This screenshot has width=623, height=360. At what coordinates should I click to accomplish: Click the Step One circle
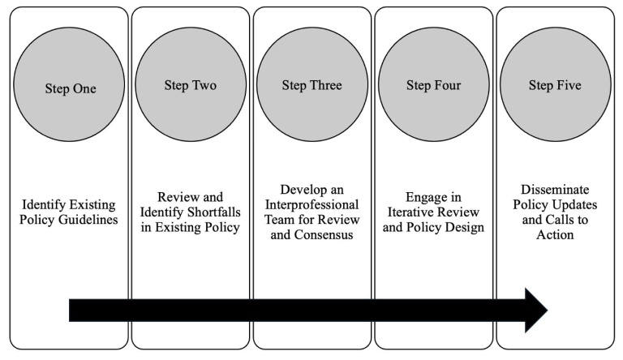69,84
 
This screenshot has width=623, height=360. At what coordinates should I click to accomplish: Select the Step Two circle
191,84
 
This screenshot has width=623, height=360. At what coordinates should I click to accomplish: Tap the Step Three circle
312,84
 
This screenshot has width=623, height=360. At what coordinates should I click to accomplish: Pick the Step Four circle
434,84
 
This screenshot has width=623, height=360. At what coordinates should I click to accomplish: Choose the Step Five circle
556,84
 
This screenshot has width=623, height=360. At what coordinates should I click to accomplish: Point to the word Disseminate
555,189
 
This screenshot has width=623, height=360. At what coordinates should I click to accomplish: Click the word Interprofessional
311,204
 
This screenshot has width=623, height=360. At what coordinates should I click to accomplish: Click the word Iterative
411,212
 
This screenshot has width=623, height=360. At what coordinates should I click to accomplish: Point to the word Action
555,235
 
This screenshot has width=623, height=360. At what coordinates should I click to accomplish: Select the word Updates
576,205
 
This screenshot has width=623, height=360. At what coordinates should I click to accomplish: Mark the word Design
465,228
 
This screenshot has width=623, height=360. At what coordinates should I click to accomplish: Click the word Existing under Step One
92,205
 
